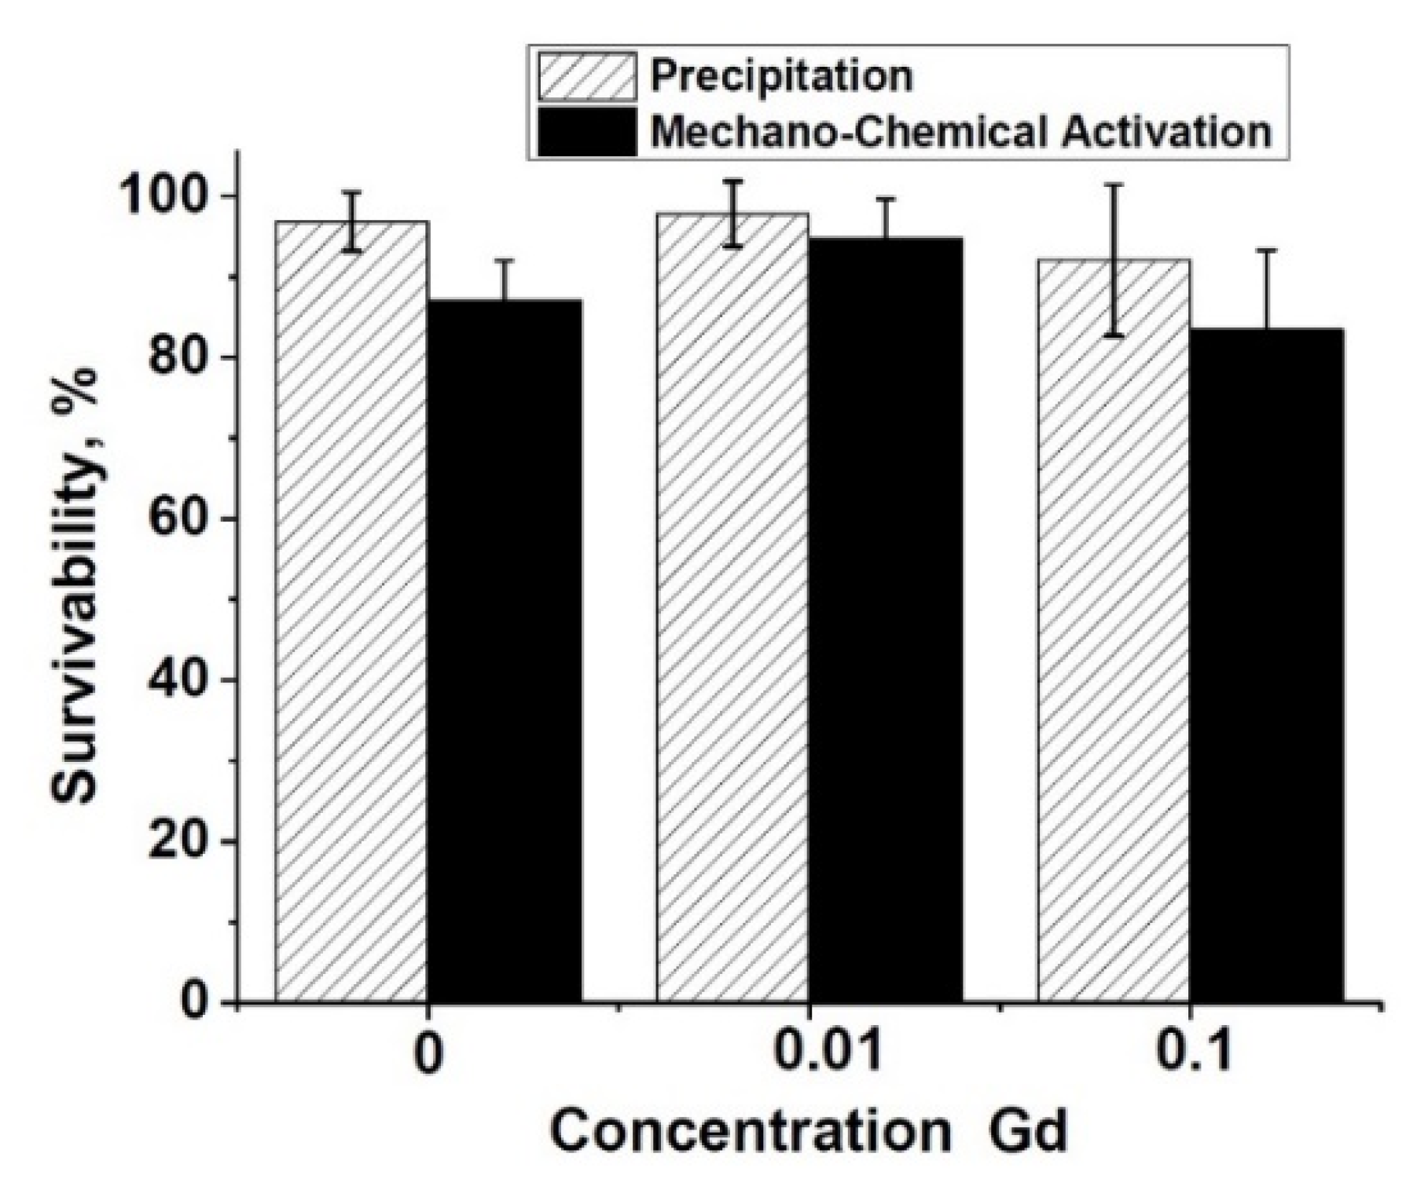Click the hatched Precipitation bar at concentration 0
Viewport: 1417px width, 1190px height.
coord(351,613)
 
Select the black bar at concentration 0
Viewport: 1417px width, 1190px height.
coord(505,652)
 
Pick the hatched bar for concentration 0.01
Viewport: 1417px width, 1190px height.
coord(732,609)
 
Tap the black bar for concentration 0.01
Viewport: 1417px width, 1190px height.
coord(886,621)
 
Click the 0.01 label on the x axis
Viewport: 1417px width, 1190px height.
coord(828,1055)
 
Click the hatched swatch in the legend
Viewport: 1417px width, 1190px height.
coord(587,76)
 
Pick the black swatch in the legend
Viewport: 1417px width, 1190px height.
coord(587,132)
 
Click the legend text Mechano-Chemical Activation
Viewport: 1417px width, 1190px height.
coord(960,132)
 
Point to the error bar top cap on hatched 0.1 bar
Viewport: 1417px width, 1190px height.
coord(1114,184)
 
